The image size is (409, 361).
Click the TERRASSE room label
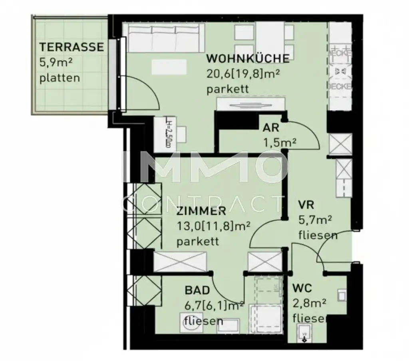tap(71, 47)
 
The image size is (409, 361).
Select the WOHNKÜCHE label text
tap(248, 58)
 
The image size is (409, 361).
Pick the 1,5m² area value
tap(279, 142)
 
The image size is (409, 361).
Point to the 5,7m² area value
tap(316, 220)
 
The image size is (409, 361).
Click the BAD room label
tap(197, 290)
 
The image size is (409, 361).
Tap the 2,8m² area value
tap(310, 303)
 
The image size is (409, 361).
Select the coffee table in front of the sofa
tap(169, 67)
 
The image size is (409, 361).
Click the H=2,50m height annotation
tap(169, 134)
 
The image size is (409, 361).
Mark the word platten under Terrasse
tap(60, 77)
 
